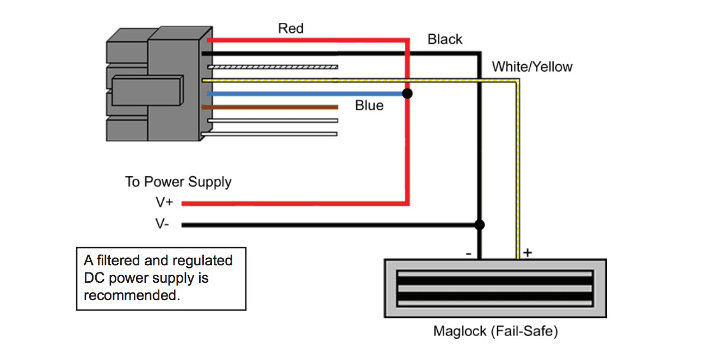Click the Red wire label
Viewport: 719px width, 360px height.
pyautogui.click(x=290, y=28)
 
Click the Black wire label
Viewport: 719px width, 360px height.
pyautogui.click(x=444, y=40)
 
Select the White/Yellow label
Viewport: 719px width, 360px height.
pyautogui.click(x=532, y=67)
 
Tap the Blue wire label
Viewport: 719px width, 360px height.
pyautogui.click(x=369, y=105)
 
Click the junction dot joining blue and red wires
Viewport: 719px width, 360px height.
pyautogui.click(x=407, y=94)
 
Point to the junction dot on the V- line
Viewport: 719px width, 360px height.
pyautogui.click(x=479, y=225)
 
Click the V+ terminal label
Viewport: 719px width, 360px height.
pyautogui.click(x=164, y=203)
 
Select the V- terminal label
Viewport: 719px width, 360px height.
pyautogui.click(x=162, y=224)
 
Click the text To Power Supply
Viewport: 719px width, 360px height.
pyautogui.click(x=178, y=182)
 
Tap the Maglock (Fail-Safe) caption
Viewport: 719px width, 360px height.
pyautogui.click(x=495, y=331)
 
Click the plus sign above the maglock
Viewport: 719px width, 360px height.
pyautogui.click(x=527, y=252)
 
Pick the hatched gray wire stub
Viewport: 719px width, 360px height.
pyautogui.click(x=272, y=67)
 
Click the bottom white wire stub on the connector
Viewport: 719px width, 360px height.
pyautogui.click(x=272, y=134)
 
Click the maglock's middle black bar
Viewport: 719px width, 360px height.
pyautogui.click(x=495, y=288)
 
